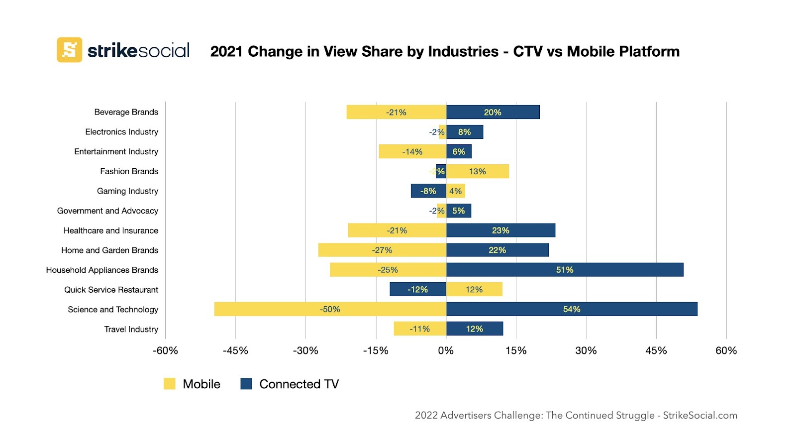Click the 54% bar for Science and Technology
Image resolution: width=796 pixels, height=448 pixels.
click(x=572, y=309)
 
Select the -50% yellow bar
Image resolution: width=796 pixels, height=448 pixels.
click(x=330, y=309)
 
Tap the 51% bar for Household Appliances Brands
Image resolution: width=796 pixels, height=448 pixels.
click(x=565, y=270)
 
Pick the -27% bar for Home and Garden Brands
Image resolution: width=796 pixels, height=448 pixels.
click(x=382, y=250)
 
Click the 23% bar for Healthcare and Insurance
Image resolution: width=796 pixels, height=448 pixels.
click(x=500, y=230)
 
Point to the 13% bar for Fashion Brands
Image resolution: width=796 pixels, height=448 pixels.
click(x=477, y=171)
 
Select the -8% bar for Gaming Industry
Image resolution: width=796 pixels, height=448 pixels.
click(x=428, y=191)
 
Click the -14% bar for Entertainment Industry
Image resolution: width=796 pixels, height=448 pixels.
click(x=412, y=152)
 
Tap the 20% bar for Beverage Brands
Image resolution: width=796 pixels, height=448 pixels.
click(x=493, y=112)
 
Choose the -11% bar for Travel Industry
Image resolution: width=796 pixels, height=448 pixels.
click(x=419, y=329)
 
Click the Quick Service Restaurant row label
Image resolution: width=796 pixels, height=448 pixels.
click(x=111, y=290)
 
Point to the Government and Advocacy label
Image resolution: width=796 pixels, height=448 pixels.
click(x=107, y=211)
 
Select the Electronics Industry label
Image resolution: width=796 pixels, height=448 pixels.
click(x=121, y=132)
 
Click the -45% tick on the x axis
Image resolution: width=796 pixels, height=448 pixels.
click(x=235, y=350)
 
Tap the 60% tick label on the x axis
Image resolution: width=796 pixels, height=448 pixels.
click(x=726, y=350)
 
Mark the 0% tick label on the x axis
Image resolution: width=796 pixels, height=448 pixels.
click(x=446, y=350)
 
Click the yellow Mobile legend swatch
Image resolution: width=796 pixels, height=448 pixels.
click(x=170, y=384)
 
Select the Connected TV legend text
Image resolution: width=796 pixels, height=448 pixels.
click(x=299, y=384)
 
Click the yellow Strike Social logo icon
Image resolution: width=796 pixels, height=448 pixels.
click(x=69, y=50)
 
